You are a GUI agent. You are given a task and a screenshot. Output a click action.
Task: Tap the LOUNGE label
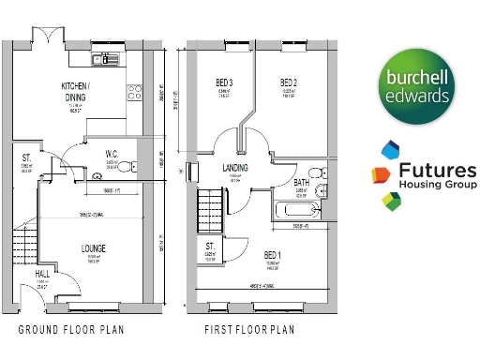pos(93,248)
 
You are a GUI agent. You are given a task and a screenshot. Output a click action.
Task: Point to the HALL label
pos(42,274)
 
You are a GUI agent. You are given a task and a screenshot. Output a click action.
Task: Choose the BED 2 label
pos(290,83)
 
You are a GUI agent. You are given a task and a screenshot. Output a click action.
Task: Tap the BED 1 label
pos(272,254)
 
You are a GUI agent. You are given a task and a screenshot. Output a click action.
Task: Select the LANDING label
pos(235,168)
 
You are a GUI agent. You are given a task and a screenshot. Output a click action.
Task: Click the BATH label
pos(301,183)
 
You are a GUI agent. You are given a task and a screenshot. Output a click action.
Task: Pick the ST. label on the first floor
pos(210,247)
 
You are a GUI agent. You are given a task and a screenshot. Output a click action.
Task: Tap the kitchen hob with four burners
pos(134,92)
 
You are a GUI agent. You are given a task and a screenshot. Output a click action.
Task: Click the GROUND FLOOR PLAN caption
pos(71,330)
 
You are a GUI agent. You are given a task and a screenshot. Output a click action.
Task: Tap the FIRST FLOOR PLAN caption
pos(249,330)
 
